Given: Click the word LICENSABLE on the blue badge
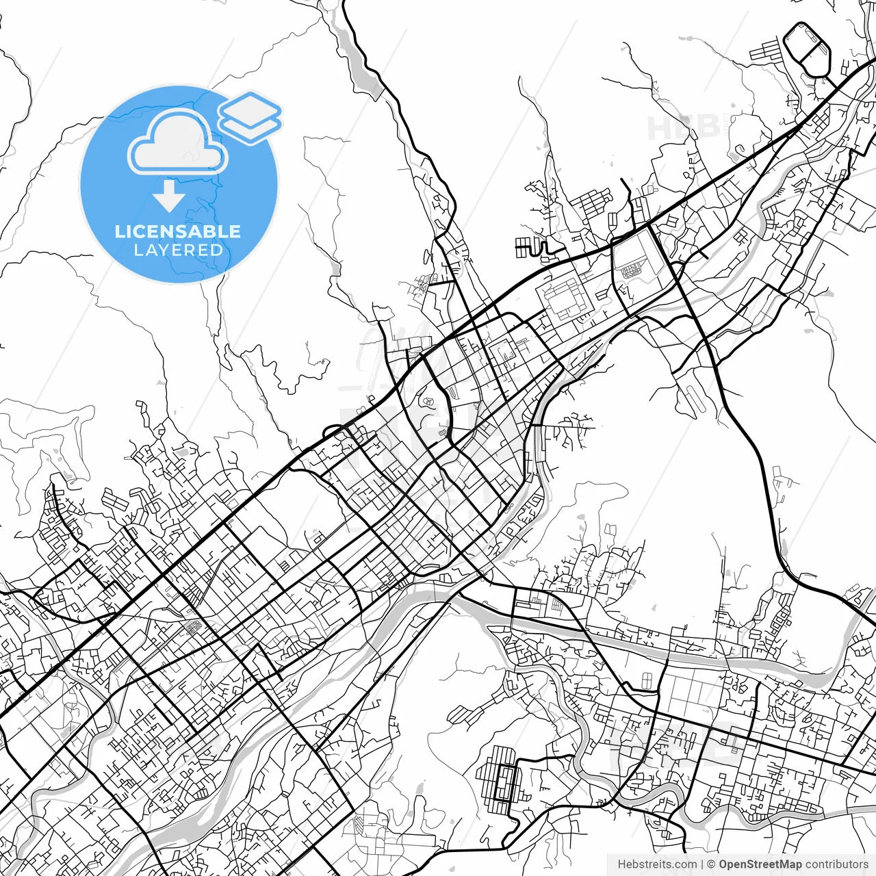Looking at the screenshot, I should (x=178, y=231).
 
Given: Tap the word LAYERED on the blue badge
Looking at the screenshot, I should (x=178, y=250).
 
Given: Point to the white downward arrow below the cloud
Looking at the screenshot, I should (x=168, y=196).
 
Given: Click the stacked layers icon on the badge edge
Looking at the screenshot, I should (x=250, y=116).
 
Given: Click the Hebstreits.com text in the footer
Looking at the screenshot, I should (x=657, y=864).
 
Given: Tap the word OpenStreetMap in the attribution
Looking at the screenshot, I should (x=760, y=864).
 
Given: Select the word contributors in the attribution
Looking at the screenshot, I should (x=836, y=864).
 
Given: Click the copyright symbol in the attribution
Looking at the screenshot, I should (x=711, y=864).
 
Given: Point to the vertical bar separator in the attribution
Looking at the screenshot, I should (x=703, y=864).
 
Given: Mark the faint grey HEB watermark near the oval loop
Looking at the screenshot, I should (x=684, y=127).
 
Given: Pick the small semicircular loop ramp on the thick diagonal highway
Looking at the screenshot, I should (x=334, y=431).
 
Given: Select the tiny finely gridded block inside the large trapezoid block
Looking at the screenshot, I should (x=633, y=270).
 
